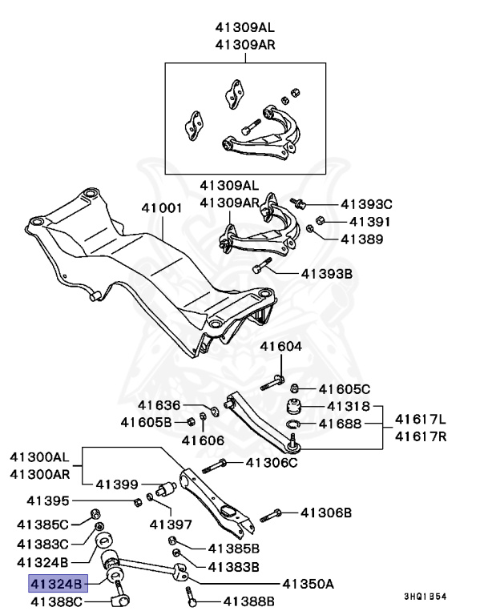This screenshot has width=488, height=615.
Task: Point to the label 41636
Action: [159, 406]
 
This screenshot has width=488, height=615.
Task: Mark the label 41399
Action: [117, 484]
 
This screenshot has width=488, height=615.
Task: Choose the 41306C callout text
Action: [271, 462]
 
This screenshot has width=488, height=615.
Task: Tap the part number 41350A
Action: [307, 584]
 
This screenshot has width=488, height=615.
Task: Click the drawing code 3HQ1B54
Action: [424, 597]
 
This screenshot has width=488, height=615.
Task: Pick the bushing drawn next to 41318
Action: [294, 404]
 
